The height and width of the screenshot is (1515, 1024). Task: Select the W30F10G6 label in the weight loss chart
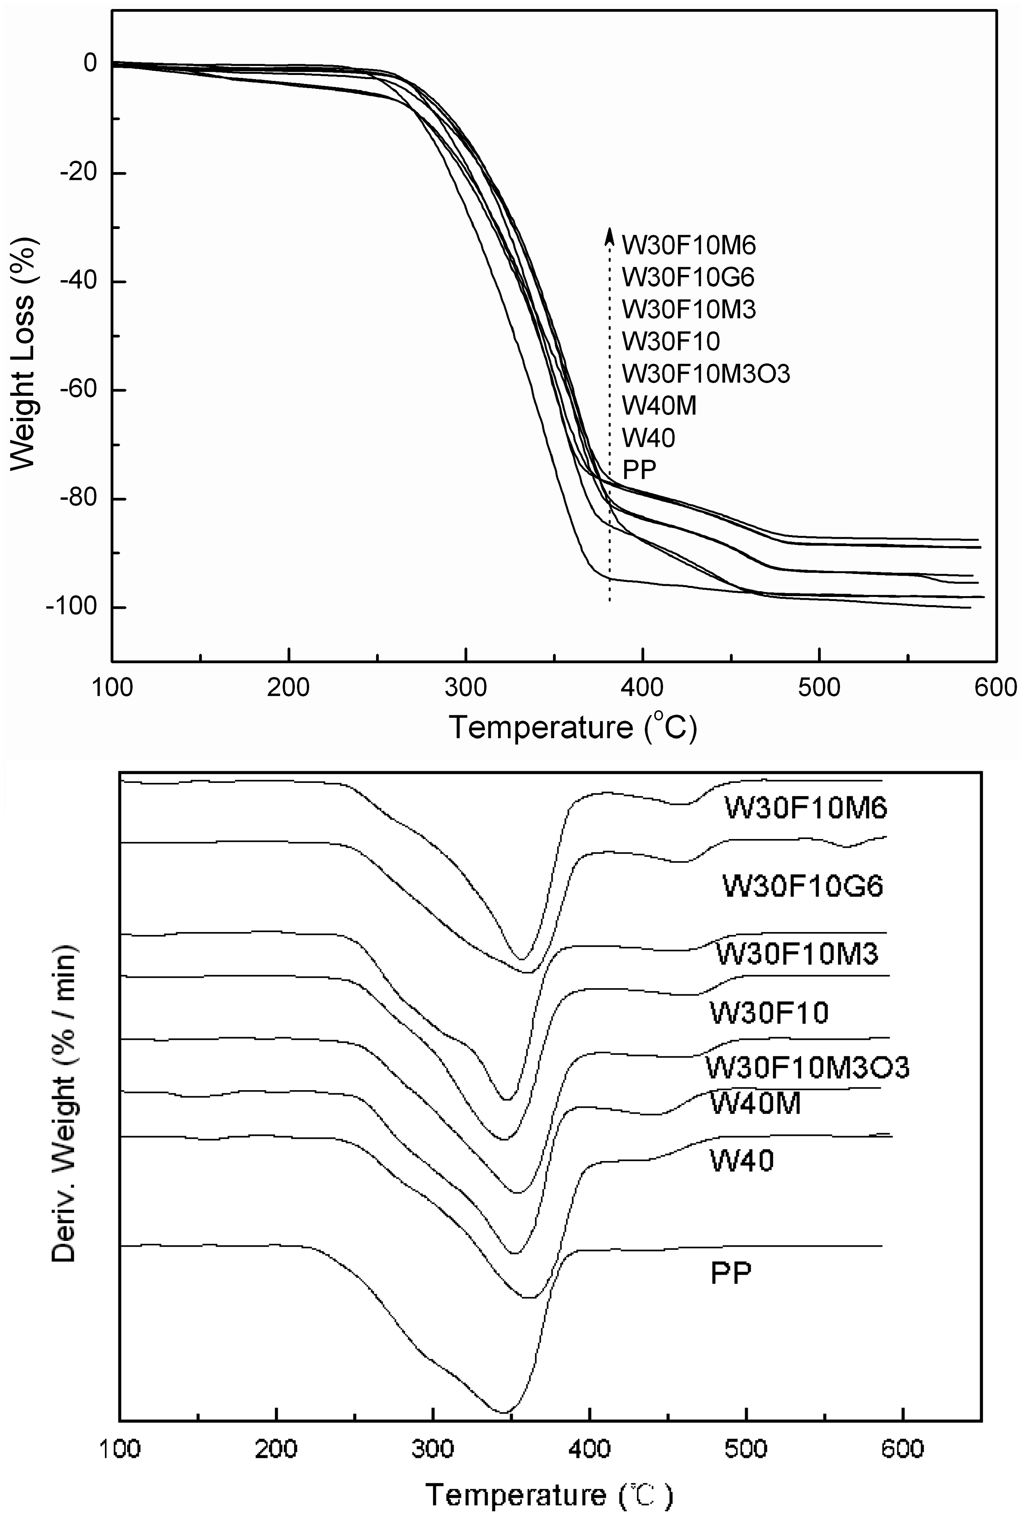(688, 278)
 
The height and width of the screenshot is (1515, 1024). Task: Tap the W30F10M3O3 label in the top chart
(706, 374)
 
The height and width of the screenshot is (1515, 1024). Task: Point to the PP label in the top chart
(639, 470)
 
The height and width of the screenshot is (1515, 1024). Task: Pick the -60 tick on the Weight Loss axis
(78, 390)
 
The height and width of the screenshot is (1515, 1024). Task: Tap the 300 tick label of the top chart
(465, 688)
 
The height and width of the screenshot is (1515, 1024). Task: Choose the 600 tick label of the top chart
(995, 688)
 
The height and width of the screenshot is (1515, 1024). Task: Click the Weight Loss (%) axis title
(23, 352)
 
